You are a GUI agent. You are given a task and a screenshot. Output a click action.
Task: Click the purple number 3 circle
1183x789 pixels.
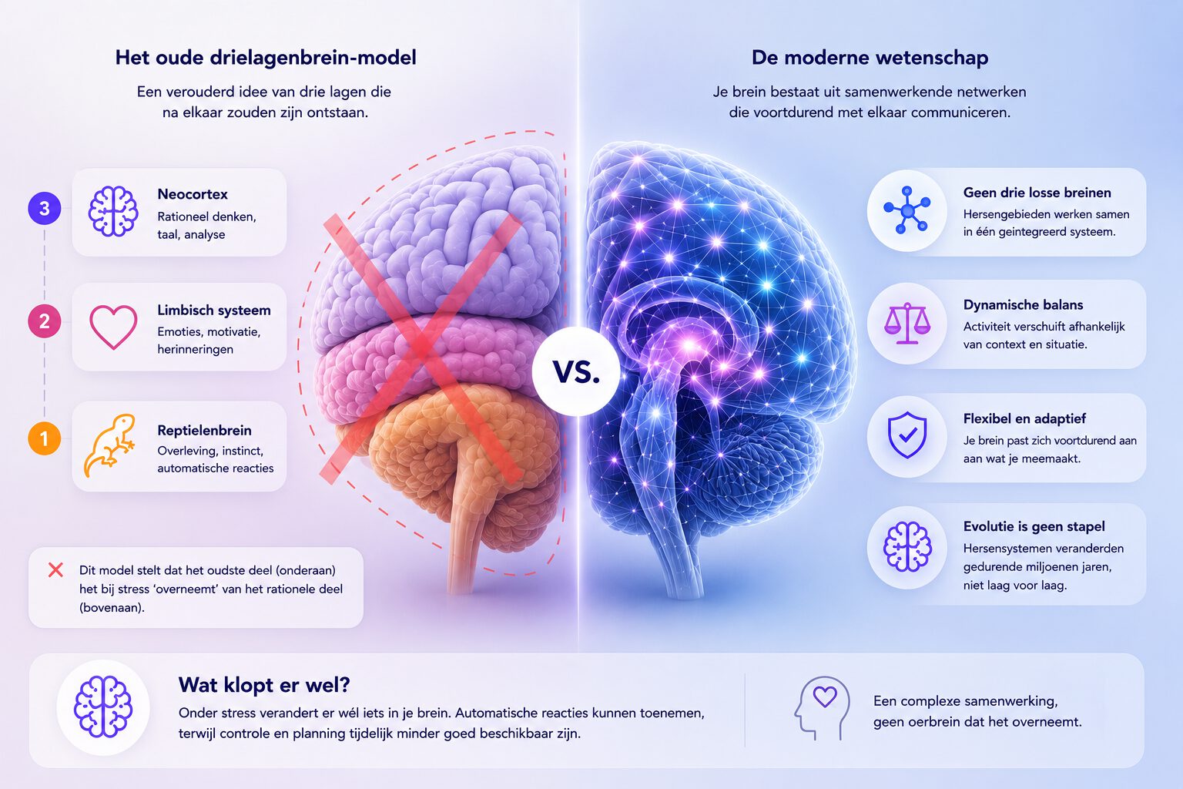coord(45,208)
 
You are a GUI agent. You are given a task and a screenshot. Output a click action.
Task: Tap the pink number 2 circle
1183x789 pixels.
coord(45,321)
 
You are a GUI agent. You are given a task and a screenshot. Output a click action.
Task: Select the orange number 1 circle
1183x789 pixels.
coord(45,438)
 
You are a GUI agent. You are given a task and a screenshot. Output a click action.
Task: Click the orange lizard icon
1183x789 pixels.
coord(109,445)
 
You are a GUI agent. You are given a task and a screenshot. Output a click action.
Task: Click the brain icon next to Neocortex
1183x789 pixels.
coord(113,211)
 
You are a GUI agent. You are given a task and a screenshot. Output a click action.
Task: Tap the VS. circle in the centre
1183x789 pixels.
coord(576,371)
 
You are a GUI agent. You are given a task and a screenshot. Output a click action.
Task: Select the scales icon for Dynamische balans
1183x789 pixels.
coord(907,323)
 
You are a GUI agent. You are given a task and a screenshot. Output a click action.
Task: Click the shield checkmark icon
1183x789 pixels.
coord(907,435)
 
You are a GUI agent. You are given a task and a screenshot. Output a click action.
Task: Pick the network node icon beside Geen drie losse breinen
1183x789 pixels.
coord(907,210)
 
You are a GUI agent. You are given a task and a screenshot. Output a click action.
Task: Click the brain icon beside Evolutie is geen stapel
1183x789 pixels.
coord(907,546)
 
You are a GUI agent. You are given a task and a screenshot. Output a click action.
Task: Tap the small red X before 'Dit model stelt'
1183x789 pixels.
coord(55,569)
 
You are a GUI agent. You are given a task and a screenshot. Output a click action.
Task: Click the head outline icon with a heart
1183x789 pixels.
coord(822,707)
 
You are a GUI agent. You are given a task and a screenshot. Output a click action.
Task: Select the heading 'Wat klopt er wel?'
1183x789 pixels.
coord(264,685)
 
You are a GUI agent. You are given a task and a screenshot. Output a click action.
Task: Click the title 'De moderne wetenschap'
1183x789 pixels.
coord(870,57)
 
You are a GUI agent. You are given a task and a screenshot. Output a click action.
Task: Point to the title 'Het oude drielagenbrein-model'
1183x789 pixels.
coord(266,57)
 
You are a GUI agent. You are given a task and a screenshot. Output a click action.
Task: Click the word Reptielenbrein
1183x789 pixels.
coord(204,430)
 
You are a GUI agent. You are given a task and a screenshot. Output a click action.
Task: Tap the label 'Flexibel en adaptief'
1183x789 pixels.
coord(1024,418)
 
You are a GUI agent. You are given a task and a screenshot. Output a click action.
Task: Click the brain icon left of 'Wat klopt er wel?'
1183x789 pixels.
coord(103,707)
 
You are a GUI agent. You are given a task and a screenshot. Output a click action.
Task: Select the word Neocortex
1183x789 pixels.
coord(193,194)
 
